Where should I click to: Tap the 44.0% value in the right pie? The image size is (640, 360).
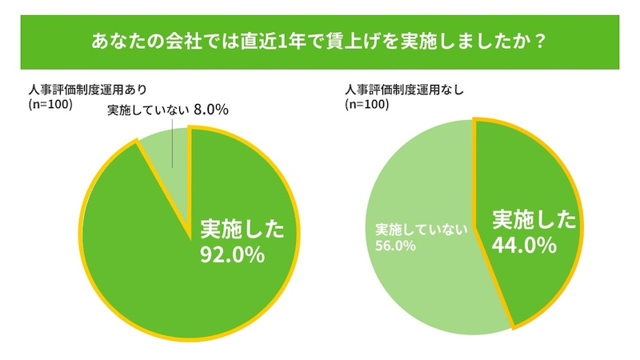click(524, 246)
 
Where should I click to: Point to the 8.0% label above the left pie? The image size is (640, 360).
click(211, 110)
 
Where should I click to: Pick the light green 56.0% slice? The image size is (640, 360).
click(424, 280)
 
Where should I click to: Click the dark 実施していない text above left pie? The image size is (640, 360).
click(147, 110)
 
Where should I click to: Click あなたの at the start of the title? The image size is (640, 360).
click(119, 40)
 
